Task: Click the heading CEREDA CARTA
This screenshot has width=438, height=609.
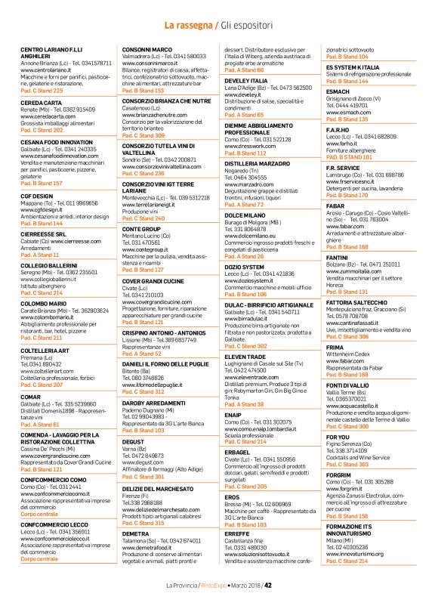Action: [42, 102]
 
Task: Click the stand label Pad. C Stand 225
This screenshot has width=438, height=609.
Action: [42, 90]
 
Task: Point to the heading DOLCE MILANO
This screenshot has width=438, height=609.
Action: [245, 215]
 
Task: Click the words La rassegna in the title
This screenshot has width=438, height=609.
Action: [189, 26]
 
